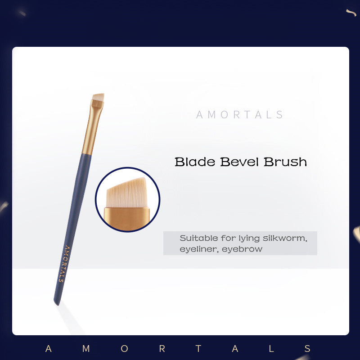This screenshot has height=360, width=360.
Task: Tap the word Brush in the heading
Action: [x=285, y=162]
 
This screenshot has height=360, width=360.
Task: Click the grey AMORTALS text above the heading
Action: [x=240, y=115]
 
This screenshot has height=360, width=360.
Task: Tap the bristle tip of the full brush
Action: [x=98, y=97]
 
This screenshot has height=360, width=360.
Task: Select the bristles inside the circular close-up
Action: [x=128, y=191]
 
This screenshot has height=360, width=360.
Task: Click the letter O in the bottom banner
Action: [x=125, y=349]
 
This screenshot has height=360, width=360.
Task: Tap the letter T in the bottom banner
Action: [x=200, y=349]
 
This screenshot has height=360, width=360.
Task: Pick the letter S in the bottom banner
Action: [x=308, y=349]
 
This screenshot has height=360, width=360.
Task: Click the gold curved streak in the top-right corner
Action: [x=351, y=13]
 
